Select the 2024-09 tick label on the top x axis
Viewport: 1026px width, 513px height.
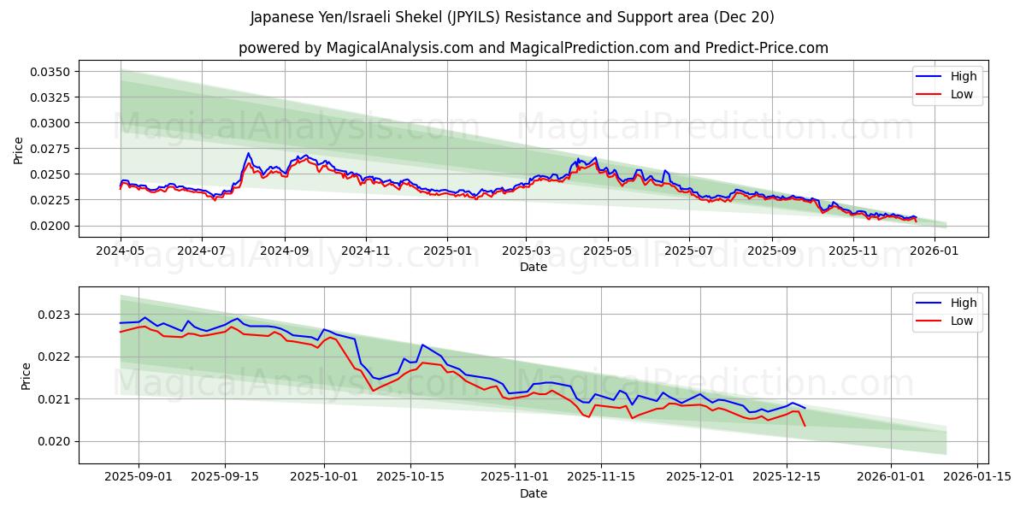click(284, 251)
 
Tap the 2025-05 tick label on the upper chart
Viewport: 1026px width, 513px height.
click(607, 251)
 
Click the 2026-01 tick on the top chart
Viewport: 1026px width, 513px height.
click(936, 251)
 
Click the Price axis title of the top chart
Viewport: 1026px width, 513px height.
click(19, 150)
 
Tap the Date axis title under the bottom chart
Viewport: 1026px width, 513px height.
click(534, 493)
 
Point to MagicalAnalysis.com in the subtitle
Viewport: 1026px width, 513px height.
click(400, 48)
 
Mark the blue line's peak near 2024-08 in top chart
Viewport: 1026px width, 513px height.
click(248, 154)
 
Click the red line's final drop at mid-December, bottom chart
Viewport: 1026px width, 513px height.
click(805, 425)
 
